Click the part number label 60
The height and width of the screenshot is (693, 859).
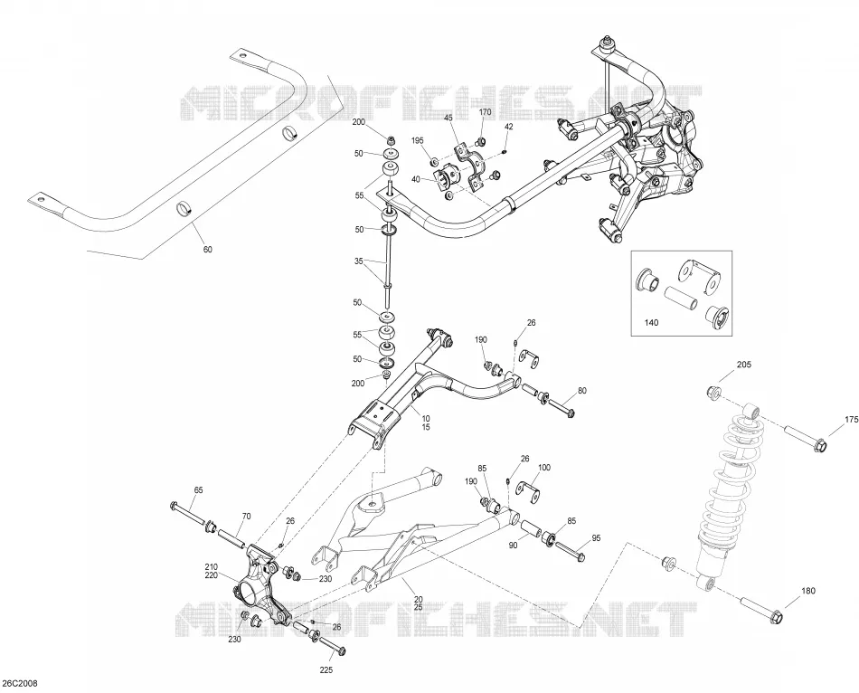[x=208, y=250]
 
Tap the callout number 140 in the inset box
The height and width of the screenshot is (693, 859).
[x=651, y=322]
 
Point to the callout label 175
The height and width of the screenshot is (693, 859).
[x=852, y=420]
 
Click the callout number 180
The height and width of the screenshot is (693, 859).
[x=808, y=591]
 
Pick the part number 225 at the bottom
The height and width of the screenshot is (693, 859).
[x=326, y=669]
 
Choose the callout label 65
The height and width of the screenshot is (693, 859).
[x=198, y=489]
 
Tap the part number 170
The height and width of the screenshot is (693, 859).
[x=486, y=112]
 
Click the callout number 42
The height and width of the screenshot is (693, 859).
[x=509, y=126]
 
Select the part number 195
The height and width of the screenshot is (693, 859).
[x=418, y=141]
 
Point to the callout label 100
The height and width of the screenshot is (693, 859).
[x=544, y=468]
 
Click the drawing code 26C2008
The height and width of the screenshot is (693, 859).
[x=20, y=683]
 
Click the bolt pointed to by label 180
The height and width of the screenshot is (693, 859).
[x=762, y=608]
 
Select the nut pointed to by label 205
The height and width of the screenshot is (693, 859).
[x=713, y=392]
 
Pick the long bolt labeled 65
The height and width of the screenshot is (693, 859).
[x=188, y=513]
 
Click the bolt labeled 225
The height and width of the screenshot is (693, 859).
[x=333, y=645]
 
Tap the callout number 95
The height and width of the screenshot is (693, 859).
[x=596, y=537]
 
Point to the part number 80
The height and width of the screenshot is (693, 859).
[x=581, y=391]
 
